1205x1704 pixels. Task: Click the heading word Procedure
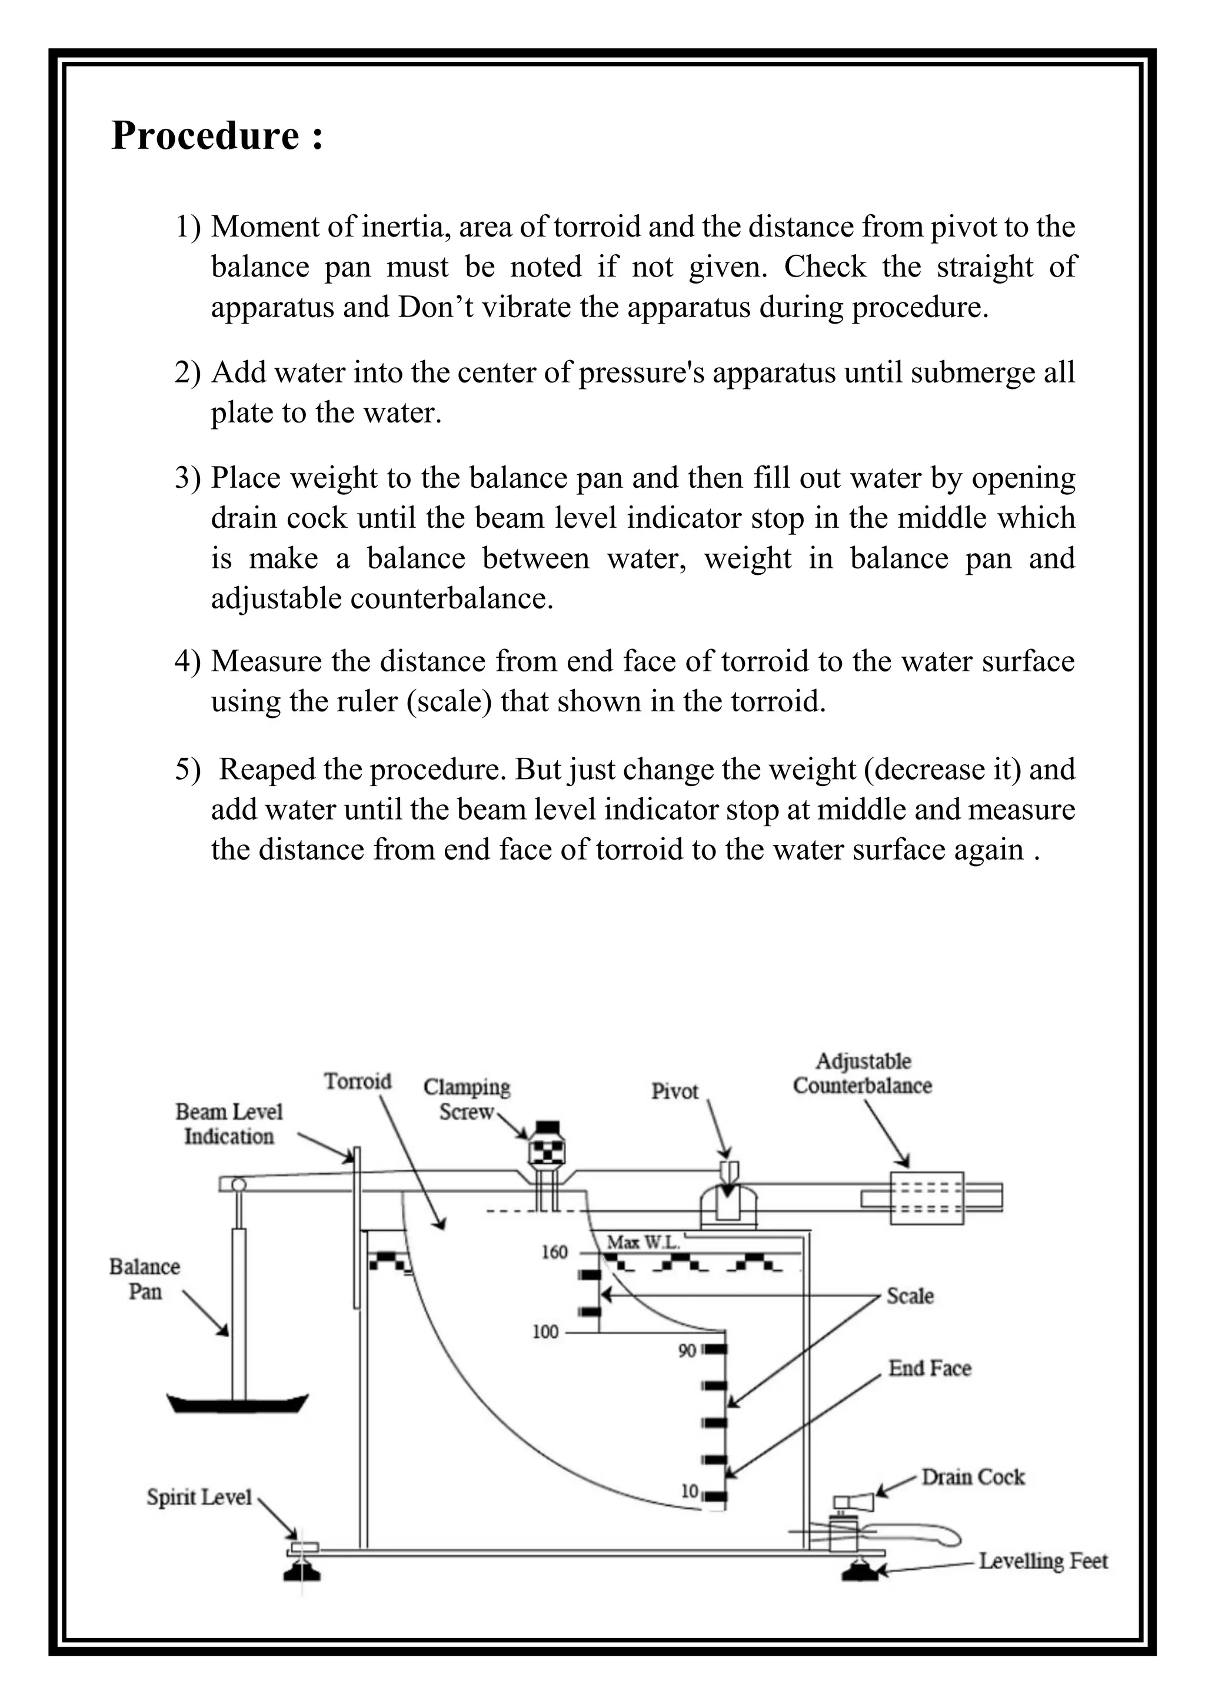(205, 136)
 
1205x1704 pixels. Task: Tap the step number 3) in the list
(187, 478)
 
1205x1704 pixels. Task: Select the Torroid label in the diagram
(357, 1081)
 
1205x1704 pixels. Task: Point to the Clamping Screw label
(467, 1099)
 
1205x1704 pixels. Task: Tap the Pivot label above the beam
(674, 1091)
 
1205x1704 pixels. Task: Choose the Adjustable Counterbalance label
(862, 1073)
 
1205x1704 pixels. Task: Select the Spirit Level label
(199, 1497)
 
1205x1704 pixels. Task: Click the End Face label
(930, 1368)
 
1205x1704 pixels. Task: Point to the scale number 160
(554, 1252)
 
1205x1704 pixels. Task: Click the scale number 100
(545, 1332)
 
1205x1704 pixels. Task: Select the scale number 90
(687, 1350)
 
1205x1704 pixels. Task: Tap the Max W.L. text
(643, 1242)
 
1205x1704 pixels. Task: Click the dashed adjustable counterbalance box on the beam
(927, 1199)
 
